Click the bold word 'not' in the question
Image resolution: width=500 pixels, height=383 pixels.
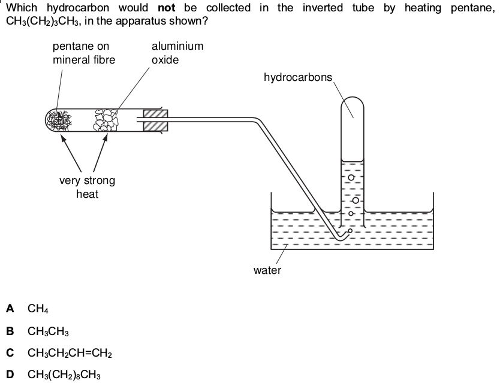[167, 8]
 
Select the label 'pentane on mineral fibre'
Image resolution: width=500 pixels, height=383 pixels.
[84, 53]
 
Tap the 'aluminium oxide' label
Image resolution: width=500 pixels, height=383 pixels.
[177, 53]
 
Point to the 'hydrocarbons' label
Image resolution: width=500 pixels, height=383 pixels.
[298, 77]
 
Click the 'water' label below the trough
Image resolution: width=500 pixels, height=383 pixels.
[267, 270]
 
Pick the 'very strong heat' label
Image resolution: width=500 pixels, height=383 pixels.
[87, 187]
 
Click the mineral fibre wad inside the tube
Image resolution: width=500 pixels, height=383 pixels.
[59, 120]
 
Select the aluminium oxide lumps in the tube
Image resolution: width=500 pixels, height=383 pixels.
[106, 120]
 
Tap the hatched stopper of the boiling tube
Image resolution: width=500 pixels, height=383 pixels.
[155, 120]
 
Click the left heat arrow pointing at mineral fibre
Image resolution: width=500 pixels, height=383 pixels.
[71, 153]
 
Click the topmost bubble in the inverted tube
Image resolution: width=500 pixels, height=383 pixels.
[351, 177]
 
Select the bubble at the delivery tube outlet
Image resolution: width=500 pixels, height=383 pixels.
[350, 231]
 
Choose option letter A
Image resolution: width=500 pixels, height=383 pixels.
[10, 308]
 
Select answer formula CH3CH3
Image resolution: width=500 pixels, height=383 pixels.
[48, 331]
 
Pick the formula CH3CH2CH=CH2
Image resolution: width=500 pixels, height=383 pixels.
[70, 353]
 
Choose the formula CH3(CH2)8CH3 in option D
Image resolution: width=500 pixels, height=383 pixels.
[64, 375]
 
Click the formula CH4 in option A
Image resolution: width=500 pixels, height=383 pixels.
[38, 309]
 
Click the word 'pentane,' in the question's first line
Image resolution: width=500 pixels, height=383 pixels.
[472, 8]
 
